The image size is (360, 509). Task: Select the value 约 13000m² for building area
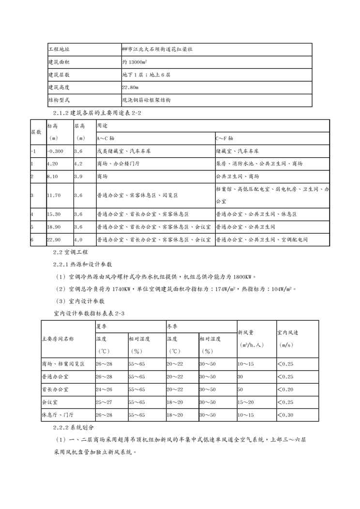(x=135, y=62)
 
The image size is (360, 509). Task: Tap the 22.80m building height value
(x=130, y=88)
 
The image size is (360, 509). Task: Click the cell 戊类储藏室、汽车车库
(x=123, y=151)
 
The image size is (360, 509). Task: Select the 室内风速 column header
(x=287, y=333)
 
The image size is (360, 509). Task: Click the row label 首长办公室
(x=55, y=389)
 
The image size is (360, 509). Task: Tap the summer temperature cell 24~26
(x=105, y=389)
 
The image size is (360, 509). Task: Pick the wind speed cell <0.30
(x=286, y=415)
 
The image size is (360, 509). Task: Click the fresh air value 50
(x=240, y=389)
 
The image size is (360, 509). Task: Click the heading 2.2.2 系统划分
(x=74, y=428)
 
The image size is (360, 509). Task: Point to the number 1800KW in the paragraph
(x=241, y=277)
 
